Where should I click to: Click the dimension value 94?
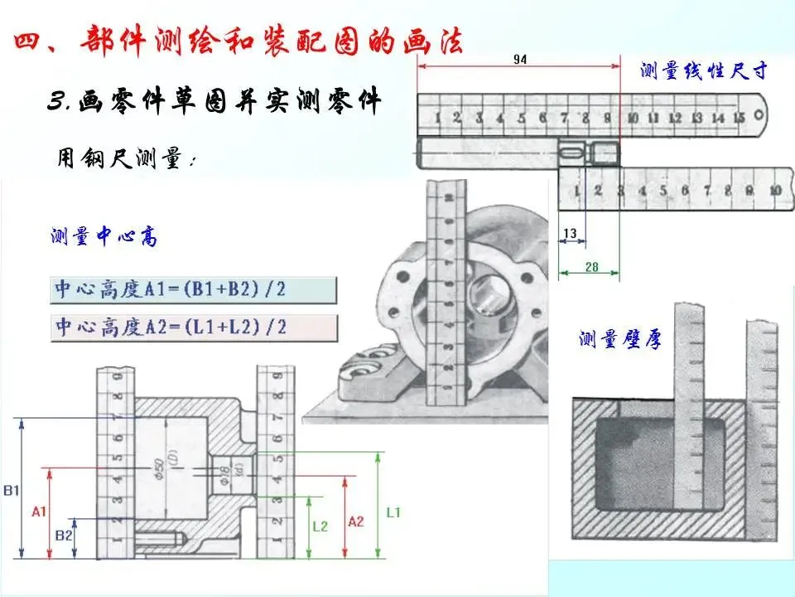pos(520,59)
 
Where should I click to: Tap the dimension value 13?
pos(569,234)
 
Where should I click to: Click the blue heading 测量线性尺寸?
pos(704,70)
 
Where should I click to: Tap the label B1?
pos(11,490)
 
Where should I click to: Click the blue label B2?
pos(64,536)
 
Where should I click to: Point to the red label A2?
pos(355,521)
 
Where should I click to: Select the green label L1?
pos(393,512)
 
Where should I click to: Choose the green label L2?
pos(320,526)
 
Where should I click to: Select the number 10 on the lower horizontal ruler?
pos(775,191)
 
